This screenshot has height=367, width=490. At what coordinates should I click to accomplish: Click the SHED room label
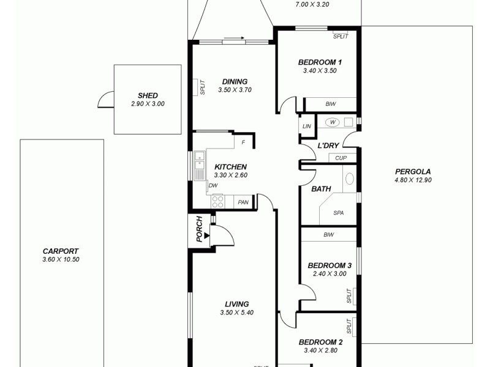click(148, 95)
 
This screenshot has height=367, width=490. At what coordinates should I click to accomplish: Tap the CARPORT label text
click(61, 251)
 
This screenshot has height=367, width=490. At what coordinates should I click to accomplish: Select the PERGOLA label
click(413, 171)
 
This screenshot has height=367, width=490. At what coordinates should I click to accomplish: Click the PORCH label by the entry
click(199, 229)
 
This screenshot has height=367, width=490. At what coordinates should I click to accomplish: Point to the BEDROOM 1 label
click(320, 62)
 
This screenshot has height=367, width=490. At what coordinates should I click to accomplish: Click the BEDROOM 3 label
click(329, 265)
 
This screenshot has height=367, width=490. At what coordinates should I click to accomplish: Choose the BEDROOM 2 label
click(320, 343)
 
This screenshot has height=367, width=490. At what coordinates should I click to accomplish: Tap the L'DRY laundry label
click(328, 146)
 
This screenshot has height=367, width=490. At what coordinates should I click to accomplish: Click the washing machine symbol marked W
click(334, 122)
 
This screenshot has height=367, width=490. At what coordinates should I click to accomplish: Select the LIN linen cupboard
click(307, 127)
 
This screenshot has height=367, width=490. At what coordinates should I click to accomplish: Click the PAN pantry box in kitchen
click(243, 202)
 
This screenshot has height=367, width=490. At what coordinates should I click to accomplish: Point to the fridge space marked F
click(243, 143)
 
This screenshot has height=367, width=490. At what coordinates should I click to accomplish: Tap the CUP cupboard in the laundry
click(342, 158)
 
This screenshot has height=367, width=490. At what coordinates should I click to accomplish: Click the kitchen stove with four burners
click(218, 201)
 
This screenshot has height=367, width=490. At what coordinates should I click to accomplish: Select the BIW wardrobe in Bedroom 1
click(331, 105)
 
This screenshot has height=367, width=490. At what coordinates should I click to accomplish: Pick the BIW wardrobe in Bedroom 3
click(328, 234)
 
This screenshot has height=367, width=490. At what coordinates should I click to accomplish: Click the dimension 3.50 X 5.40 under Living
click(236, 313)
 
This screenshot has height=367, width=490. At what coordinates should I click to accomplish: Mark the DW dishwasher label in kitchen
click(213, 185)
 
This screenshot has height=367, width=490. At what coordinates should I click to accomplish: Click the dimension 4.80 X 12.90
click(413, 180)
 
